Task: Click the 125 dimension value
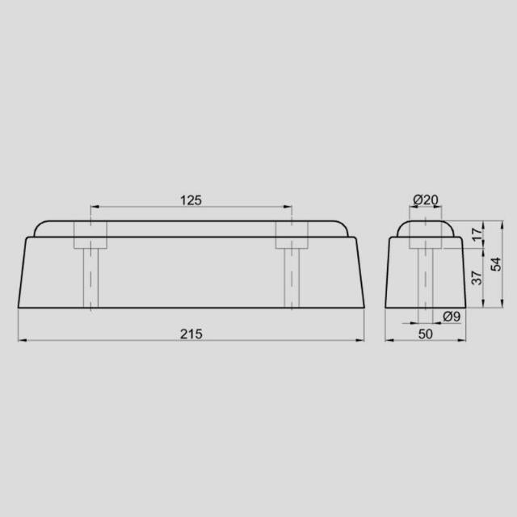point(191,199)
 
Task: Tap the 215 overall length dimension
point(191,334)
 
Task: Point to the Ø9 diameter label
point(452,317)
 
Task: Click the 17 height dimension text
point(476,234)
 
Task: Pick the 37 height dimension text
point(476,277)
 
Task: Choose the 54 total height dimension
point(496,263)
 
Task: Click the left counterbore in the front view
point(90,235)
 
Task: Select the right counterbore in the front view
point(291,235)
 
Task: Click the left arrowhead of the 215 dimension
point(22,341)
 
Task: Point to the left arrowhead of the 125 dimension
point(94,207)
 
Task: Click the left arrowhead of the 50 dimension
point(389,341)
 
